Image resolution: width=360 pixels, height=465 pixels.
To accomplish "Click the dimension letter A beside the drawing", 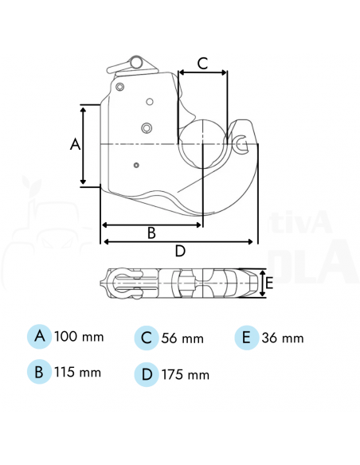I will tap(76, 144).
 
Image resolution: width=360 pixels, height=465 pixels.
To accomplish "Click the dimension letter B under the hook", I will tap(151, 232).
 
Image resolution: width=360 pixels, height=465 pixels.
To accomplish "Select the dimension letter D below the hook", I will tap(180, 252).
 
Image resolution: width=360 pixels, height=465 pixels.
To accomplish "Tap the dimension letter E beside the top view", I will tap(269, 283).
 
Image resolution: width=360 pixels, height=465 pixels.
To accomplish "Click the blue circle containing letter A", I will tap(39, 337).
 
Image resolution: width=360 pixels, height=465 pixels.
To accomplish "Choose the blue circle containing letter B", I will tap(39, 372).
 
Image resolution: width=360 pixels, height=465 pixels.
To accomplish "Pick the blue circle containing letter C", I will tap(146, 338).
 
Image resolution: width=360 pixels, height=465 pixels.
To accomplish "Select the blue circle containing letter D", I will tap(146, 373).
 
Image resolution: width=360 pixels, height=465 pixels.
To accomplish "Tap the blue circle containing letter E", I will tap(247, 337).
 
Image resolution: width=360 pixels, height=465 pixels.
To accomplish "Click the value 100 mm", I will tap(79, 337).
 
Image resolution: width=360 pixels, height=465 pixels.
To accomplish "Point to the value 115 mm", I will tap(78, 372).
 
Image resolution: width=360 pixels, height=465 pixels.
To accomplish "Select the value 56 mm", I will tap(182, 338).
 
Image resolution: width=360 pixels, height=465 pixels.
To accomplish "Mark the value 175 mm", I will tap(185, 373).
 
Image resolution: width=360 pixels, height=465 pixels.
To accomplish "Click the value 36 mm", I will tap(283, 338).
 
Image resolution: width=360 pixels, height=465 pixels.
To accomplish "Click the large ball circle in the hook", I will tap(203, 144).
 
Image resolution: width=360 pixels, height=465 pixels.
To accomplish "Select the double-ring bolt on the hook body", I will tap(147, 128).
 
